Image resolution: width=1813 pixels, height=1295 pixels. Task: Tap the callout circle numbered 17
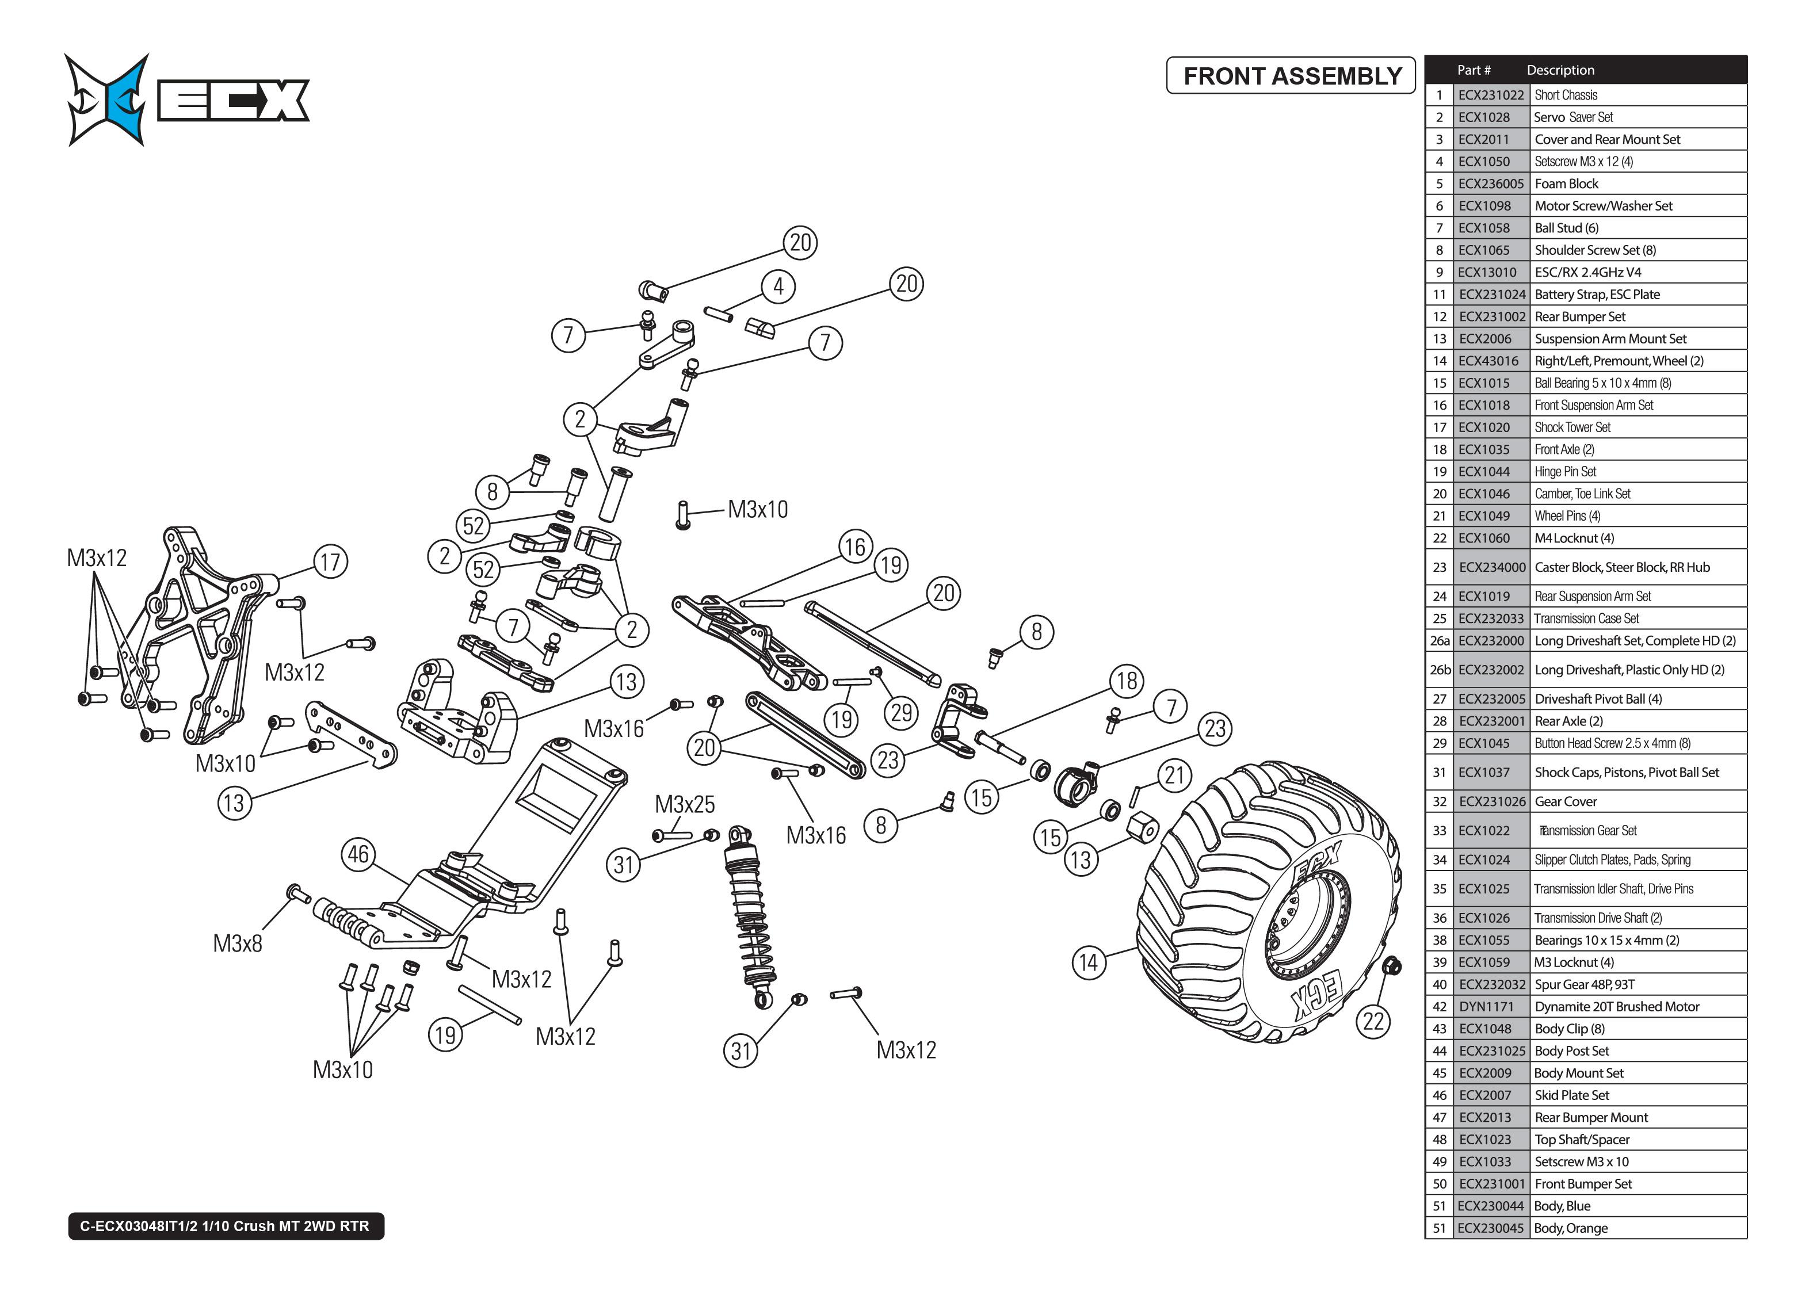(x=330, y=562)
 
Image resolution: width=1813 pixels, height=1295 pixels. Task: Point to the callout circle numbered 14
(x=1089, y=962)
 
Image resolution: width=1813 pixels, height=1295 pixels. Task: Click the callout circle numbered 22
(x=1373, y=1022)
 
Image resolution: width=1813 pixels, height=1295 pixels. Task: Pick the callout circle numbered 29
(x=901, y=713)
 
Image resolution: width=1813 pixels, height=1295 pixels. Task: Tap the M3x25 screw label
(x=684, y=804)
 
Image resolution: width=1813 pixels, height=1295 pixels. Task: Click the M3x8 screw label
(x=237, y=943)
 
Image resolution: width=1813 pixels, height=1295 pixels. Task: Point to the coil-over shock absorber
(x=750, y=917)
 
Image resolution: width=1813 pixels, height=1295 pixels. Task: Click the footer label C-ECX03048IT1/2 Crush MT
(x=226, y=1225)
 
